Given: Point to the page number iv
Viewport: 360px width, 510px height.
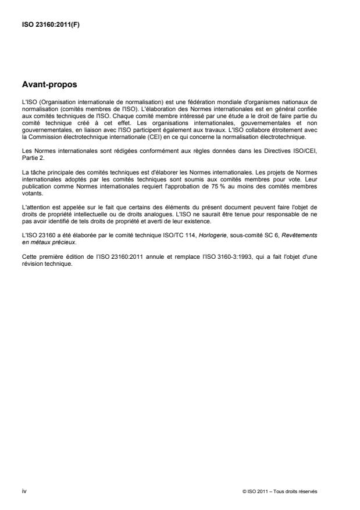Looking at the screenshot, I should point(23,491).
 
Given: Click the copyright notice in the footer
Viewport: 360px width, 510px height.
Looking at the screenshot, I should point(280,491).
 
